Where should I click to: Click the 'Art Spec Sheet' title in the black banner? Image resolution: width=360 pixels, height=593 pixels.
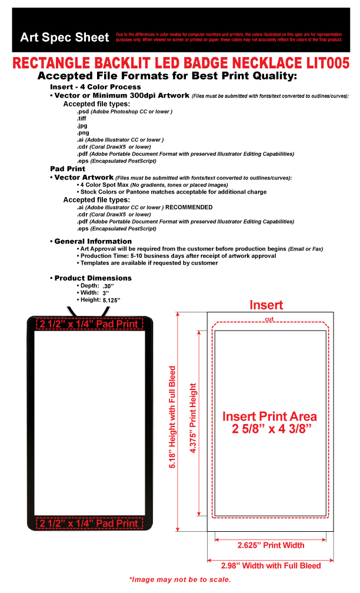pyautogui.click(x=65, y=38)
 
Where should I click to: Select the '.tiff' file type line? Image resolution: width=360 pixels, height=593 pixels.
pyautogui.click(x=82, y=118)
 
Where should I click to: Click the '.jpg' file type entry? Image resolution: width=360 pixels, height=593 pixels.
pyautogui.click(x=82, y=125)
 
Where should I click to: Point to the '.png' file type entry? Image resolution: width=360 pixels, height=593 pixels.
pyautogui.click(x=82, y=132)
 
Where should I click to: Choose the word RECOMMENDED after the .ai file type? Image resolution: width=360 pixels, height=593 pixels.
pyautogui.click(x=189, y=207)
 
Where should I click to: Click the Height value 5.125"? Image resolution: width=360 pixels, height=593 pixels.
pyautogui.click(x=111, y=299)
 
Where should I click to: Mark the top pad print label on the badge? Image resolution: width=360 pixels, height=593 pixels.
pyautogui.click(x=89, y=324)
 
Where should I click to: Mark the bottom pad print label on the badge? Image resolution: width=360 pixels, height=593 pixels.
pyautogui.click(x=89, y=523)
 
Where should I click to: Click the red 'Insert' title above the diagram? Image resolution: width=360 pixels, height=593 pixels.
pyautogui.click(x=266, y=305)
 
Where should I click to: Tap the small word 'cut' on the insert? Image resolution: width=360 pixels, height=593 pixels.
pyautogui.click(x=269, y=319)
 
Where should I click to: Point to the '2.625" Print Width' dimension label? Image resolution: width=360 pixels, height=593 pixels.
pyautogui.click(x=271, y=545)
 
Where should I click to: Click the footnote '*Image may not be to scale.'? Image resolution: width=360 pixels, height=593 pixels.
pyautogui.click(x=180, y=579)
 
